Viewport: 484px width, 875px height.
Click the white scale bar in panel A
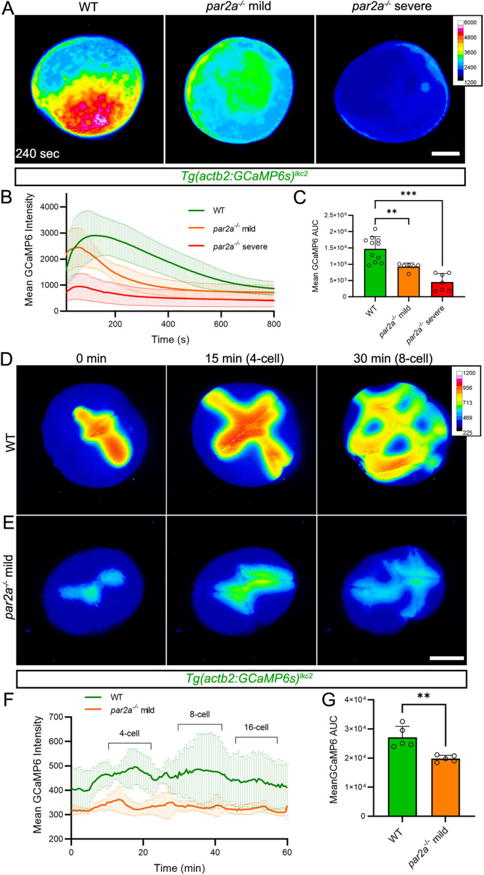(x=445, y=155)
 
